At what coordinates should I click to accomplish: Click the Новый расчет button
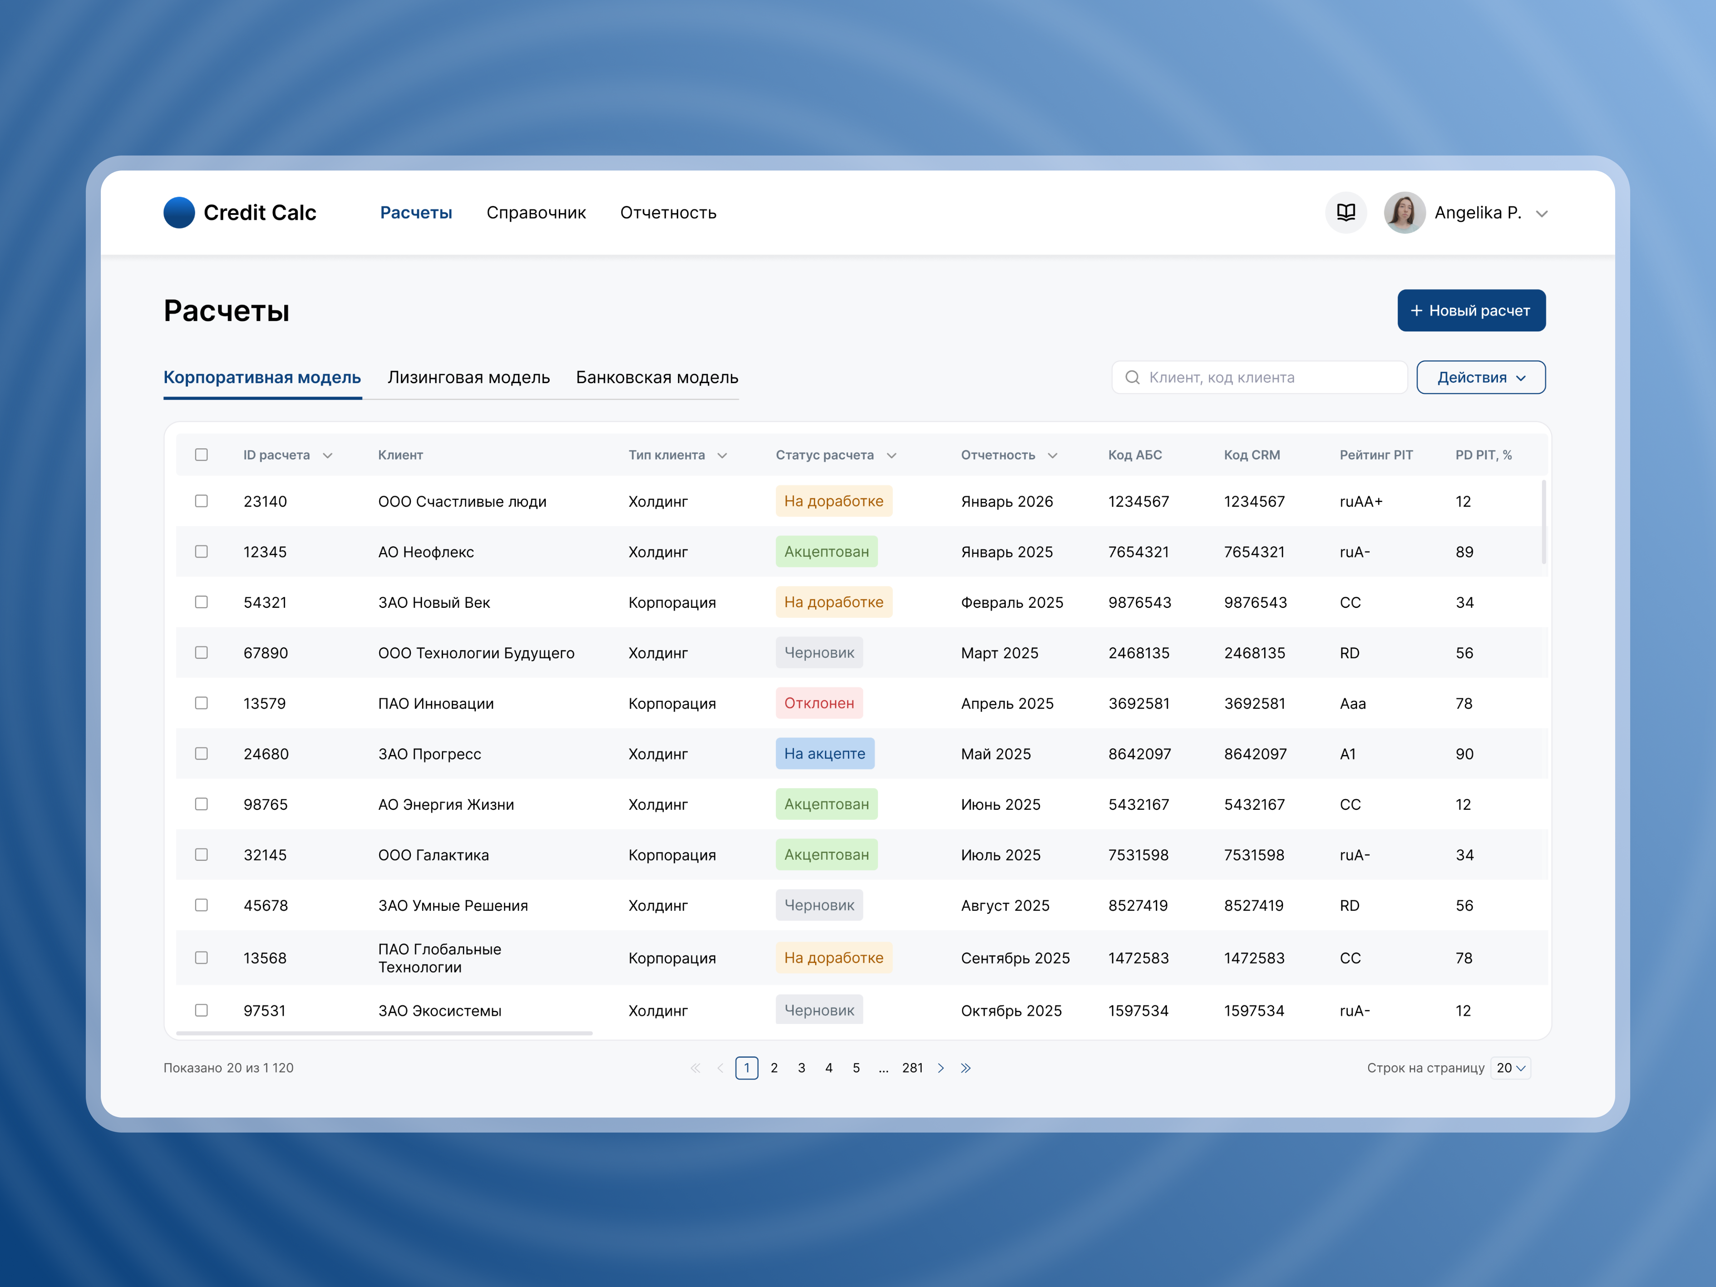point(1471,310)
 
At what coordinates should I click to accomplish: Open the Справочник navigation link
point(536,213)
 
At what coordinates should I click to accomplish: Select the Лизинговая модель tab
point(469,378)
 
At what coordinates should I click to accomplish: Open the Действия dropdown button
point(1480,378)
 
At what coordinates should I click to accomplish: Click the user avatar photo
point(1404,213)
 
